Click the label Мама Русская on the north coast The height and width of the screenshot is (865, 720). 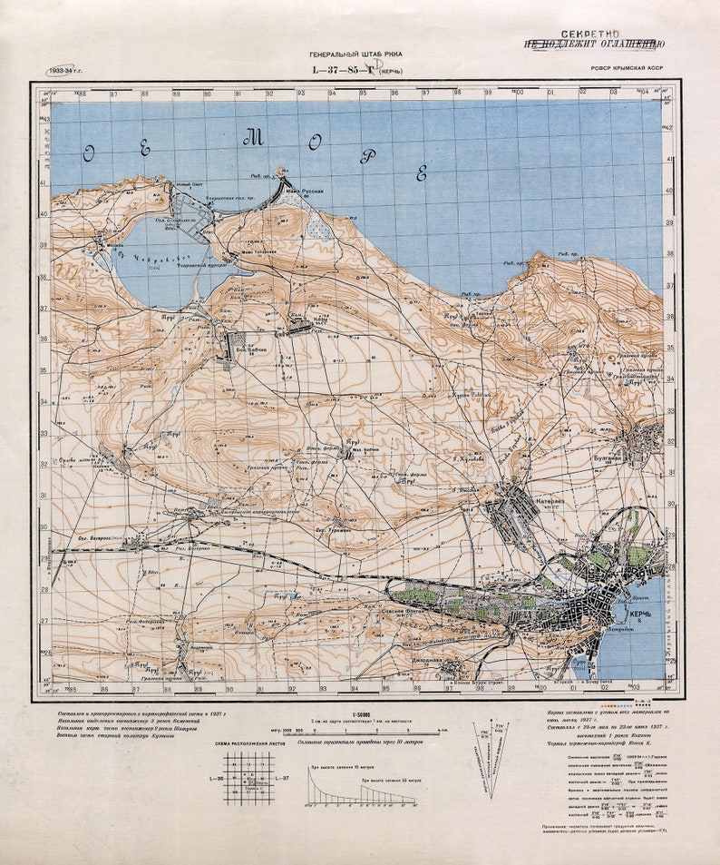pyautogui.click(x=305, y=192)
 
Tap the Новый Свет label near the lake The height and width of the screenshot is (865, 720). pyautogui.click(x=188, y=185)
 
